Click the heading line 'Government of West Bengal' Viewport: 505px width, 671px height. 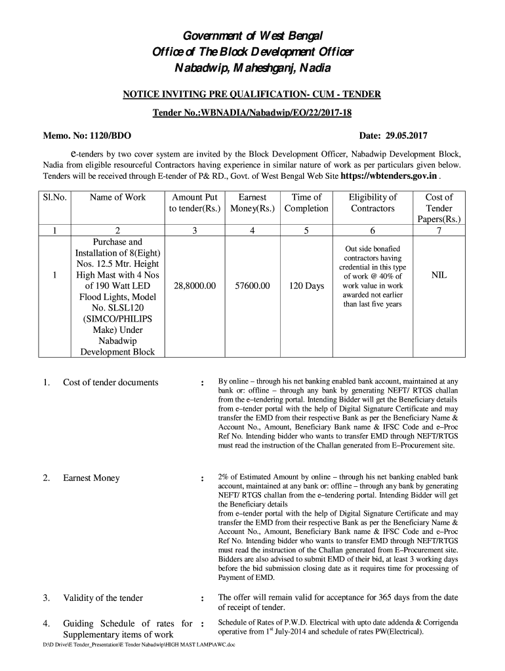[x=253, y=35]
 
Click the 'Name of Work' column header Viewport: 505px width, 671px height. [x=118, y=197]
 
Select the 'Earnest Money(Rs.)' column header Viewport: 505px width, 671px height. [x=253, y=202]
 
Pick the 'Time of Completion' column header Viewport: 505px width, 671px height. [x=306, y=202]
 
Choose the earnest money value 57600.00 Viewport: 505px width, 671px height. [x=250, y=286]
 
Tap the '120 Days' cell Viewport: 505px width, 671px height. [x=306, y=286]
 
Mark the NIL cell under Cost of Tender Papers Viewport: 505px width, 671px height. [x=439, y=275]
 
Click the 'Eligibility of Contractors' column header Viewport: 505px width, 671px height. [x=373, y=202]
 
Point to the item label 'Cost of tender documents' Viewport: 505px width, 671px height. [x=110, y=382]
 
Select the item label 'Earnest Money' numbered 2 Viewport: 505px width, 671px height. [x=91, y=478]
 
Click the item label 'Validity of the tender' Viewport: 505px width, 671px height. [x=102, y=598]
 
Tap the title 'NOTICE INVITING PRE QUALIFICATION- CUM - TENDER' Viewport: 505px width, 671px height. [x=252, y=94]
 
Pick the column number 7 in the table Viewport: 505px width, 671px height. [x=439, y=230]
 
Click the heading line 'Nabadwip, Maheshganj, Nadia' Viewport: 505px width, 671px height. [x=253, y=69]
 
